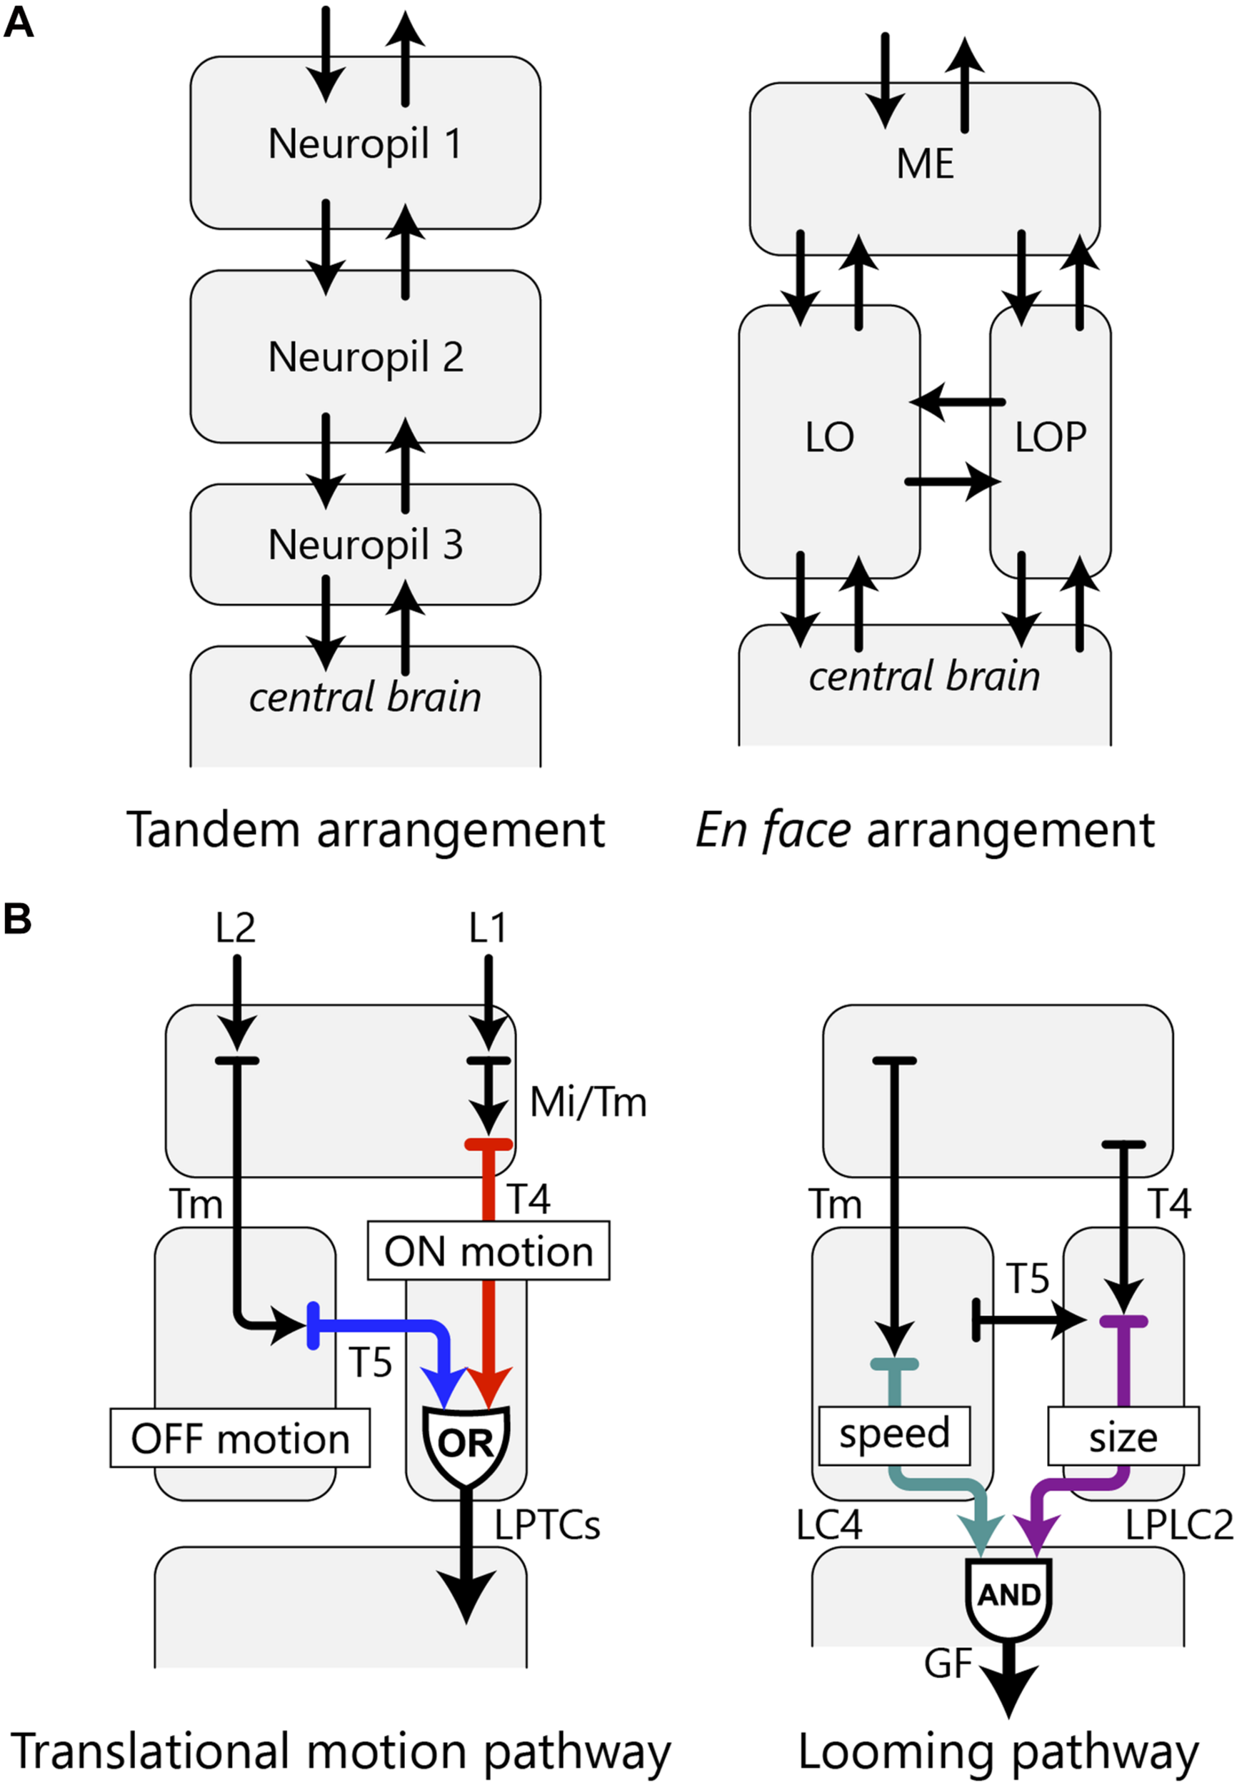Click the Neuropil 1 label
(x=365, y=144)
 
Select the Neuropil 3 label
(x=365, y=545)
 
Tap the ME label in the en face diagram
(x=924, y=164)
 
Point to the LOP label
(x=1050, y=438)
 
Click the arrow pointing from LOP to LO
(x=956, y=402)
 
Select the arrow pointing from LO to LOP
(x=953, y=482)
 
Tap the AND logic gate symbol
(x=1008, y=1594)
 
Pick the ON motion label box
(x=489, y=1251)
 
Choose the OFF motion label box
(x=239, y=1438)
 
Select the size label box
(x=1122, y=1437)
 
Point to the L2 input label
(x=235, y=927)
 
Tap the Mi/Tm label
(x=588, y=1102)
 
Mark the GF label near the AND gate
(x=947, y=1663)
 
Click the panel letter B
(x=18, y=919)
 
